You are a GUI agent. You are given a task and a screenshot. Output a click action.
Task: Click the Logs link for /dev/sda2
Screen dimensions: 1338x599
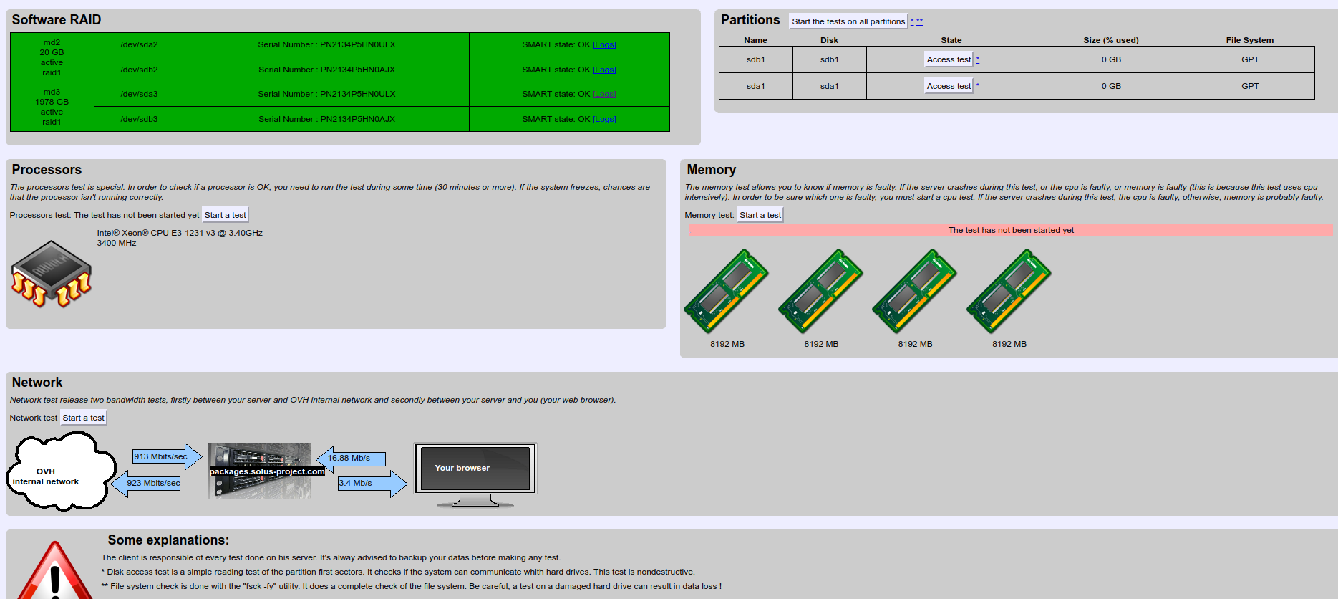point(604,44)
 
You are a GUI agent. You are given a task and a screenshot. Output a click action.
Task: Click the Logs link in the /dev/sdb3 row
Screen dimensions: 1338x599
point(604,119)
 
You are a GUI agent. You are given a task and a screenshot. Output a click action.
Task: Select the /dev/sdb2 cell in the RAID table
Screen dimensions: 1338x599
point(140,70)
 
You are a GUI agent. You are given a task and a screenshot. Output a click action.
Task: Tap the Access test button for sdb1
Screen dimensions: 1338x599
point(949,59)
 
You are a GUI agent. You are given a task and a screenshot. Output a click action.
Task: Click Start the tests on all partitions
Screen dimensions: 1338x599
point(848,21)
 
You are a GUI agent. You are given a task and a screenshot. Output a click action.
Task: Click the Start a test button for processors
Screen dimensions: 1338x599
point(226,215)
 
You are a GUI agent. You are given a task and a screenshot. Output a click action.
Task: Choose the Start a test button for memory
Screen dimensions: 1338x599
point(760,215)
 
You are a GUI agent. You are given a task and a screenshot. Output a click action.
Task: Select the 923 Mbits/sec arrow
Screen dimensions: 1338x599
point(146,484)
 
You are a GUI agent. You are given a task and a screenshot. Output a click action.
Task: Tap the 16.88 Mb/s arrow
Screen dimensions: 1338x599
point(351,459)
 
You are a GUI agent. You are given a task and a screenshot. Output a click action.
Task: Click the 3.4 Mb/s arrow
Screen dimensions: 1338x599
point(372,484)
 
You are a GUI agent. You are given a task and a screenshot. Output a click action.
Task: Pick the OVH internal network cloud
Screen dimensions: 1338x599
point(61,473)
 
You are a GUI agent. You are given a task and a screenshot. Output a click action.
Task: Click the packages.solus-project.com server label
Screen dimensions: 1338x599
point(267,471)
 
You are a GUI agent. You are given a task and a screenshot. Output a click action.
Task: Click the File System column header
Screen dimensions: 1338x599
point(1249,40)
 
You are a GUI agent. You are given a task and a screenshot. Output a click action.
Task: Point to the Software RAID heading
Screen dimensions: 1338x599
point(57,20)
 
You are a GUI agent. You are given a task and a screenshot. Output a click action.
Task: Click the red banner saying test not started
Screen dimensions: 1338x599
point(1010,230)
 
